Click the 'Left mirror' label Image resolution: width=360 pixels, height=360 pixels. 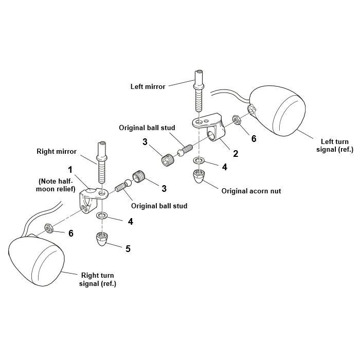148,86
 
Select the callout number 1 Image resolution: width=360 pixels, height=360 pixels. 70,169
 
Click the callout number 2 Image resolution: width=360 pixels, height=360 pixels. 235,153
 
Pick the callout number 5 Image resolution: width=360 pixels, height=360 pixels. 128,248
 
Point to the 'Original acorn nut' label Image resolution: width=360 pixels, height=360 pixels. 250,190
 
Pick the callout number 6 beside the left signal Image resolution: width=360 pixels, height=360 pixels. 254,138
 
